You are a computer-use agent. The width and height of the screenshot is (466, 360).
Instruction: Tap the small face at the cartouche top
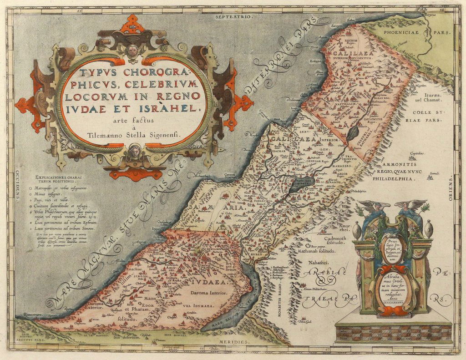132,50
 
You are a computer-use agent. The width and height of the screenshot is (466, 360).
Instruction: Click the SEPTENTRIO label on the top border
233,16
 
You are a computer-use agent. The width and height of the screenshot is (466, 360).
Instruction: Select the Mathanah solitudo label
318,250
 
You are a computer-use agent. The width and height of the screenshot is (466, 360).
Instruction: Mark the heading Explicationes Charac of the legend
59,177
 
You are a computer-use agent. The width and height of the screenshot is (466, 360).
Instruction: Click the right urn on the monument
428,229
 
